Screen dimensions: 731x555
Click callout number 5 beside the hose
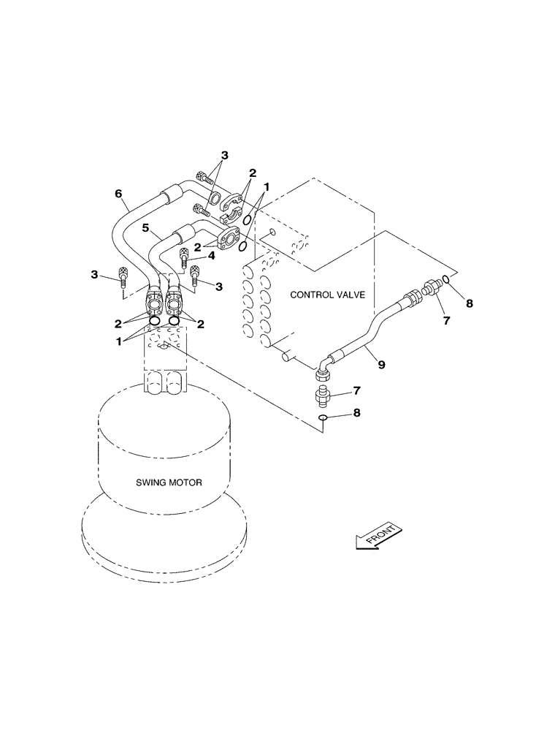[x=147, y=228]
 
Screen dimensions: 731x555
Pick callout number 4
[x=211, y=255]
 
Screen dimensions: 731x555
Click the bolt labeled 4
[x=184, y=257]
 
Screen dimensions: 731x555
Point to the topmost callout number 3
[x=224, y=155]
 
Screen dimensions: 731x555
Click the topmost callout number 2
[x=252, y=173]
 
